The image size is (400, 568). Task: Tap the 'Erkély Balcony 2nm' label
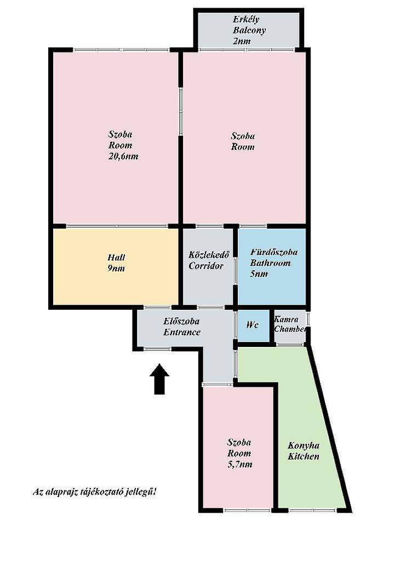[x=249, y=30]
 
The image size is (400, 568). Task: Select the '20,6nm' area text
[x=123, y=157]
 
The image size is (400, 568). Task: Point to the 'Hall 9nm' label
[x=116, y=263]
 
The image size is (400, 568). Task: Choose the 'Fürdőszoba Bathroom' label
[x=274, y=257]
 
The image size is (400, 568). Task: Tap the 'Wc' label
[x=253, y=324]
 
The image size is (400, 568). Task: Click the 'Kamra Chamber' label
[x=290, y=324]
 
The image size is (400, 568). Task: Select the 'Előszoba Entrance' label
[x=182, y=326]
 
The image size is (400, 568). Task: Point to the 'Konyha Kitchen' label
[x=304, y=451]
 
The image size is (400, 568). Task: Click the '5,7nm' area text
[x=240, y=464]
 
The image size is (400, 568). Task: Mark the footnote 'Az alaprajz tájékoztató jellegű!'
[x=95, y=492]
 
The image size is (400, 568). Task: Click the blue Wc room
[x=254, y=326]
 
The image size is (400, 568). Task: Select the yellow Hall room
[x=116, y=266]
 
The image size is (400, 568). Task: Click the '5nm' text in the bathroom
[x=259, y=274]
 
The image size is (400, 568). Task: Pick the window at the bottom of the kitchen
[x=312, y=511]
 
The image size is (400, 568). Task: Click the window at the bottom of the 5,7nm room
[x=248, y=511]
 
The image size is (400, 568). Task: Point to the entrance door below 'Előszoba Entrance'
[x=157, y=349]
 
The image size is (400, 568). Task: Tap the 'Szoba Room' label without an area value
[x=243, y=141]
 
